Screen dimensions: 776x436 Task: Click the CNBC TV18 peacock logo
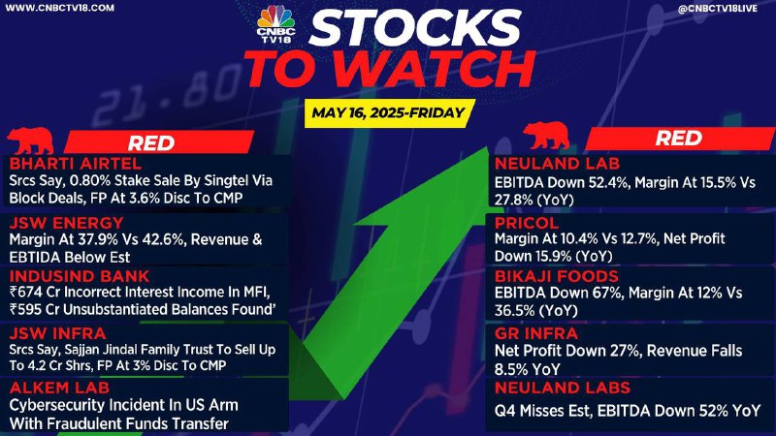click(x=276, y=23)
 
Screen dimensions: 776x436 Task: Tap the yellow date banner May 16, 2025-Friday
click(x=390, y=112)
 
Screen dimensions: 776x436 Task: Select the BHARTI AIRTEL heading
click(x=76, y=163)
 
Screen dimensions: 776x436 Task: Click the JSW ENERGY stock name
click(x=66, y=223)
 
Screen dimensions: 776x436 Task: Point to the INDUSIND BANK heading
click(x=80, y=276)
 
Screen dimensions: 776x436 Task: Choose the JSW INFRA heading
click(x=57, y=333)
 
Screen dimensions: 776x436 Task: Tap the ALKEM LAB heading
click(x=59, y=388)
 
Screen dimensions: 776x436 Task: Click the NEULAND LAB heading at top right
click(x=557, y=163)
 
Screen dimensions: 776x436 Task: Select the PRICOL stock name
click(x=527, y=223)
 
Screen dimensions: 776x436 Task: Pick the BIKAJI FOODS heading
click(x=557, y=276)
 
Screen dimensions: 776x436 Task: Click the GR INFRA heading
click(x=536, y=333)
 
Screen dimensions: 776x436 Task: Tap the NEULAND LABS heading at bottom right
click(x=563, y=388)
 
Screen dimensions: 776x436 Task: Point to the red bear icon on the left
click(x=31, y=140)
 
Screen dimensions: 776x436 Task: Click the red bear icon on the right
click(x=546, y=136)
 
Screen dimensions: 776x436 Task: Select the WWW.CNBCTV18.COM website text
click(x=60, y=8)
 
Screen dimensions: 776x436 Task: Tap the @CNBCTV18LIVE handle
click(x=718, y=8)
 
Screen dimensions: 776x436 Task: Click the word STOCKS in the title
click(x=416, y=28)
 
